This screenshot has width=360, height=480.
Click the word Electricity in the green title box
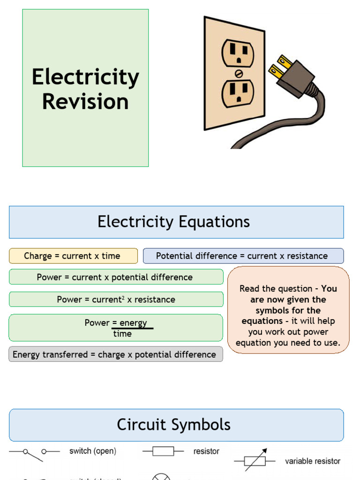[85, 77]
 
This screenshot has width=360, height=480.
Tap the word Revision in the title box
[85, 102]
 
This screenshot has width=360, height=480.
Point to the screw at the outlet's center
[238, 74]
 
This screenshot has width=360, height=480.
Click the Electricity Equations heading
[173, 222]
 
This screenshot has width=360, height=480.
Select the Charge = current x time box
[73, 256]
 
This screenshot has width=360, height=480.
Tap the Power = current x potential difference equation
[115, 277]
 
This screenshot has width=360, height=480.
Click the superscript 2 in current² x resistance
[123, 298]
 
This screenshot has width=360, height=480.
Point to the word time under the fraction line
[122, 334]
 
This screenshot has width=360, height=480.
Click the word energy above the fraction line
[133, 323]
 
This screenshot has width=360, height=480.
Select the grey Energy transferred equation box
[115, 354]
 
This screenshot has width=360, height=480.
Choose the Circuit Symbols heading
[173, 425]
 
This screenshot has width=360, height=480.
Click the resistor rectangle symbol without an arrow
[163, 451]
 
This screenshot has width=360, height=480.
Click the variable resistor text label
[313, 461]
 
